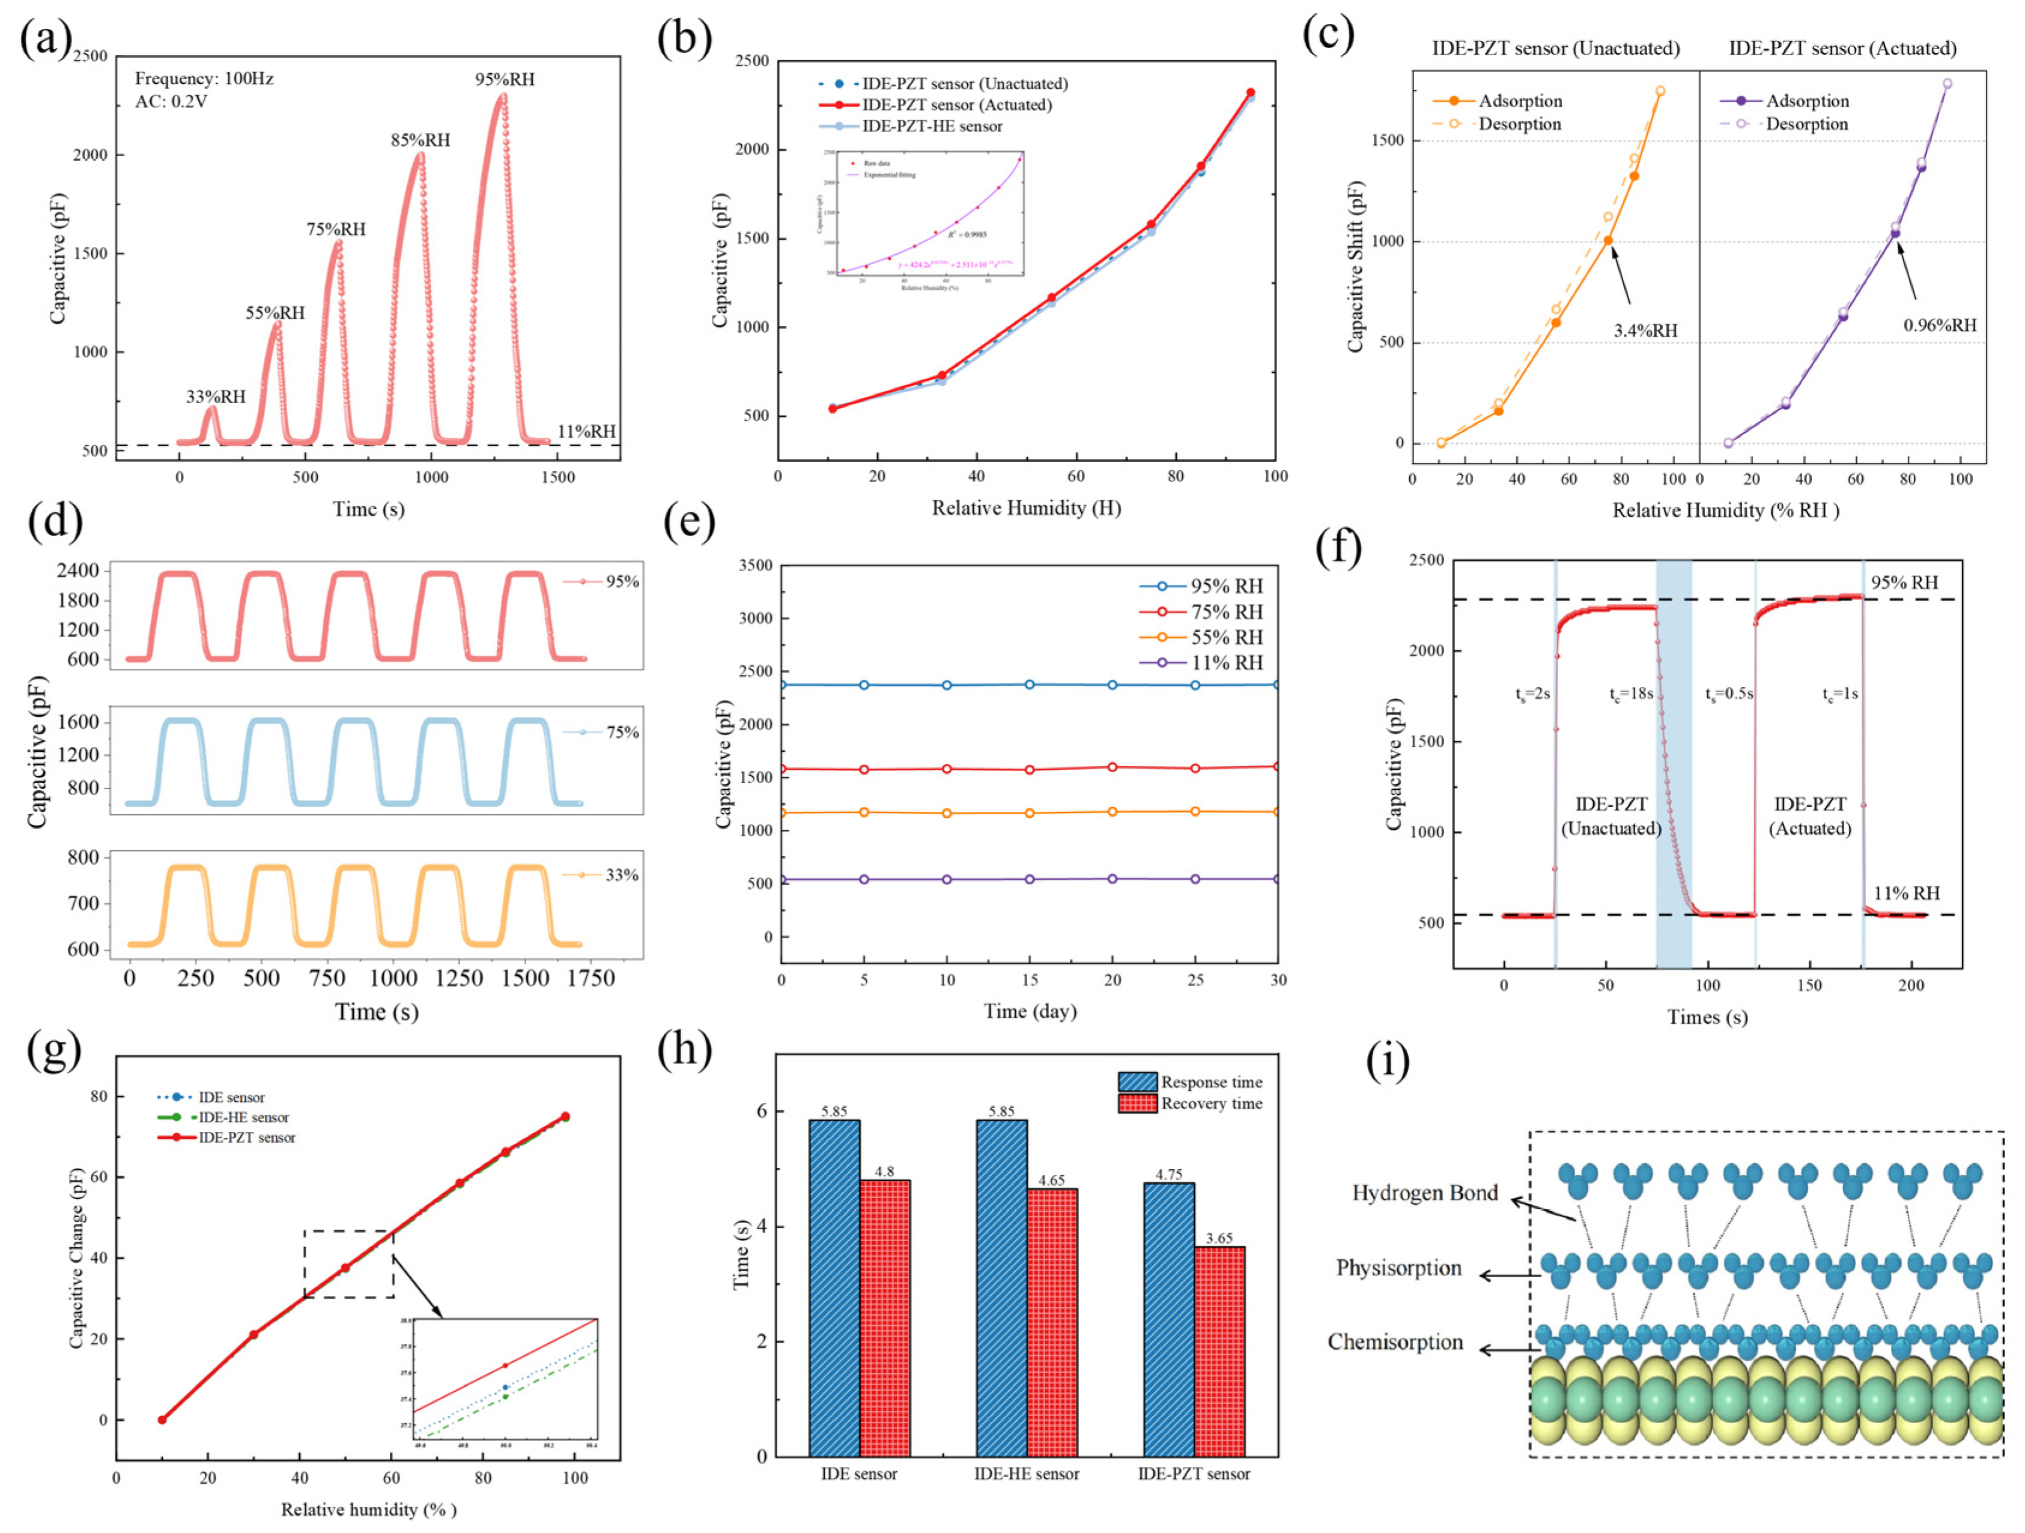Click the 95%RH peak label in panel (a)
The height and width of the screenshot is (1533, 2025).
point(505,80)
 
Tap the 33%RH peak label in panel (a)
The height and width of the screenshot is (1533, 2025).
point(216,397)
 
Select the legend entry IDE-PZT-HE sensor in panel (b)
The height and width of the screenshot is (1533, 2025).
point(932,126)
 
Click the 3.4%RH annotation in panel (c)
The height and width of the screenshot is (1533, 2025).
point(1645,330)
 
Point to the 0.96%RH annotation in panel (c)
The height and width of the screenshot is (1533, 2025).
point(1940,325)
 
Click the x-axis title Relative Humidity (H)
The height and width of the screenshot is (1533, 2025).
point(1026,508)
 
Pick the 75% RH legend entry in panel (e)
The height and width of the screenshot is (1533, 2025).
point(1226,611)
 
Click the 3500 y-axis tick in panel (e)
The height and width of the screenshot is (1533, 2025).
point(754,566)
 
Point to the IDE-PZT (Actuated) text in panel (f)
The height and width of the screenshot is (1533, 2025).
point(1810,815)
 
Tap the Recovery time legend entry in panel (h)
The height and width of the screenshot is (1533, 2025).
point(1211,1104)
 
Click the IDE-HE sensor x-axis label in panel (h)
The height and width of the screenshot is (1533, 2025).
point(1026,1474)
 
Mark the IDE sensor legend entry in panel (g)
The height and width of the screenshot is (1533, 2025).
point(231,1097)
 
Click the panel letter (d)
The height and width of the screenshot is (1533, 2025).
point(55,522)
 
